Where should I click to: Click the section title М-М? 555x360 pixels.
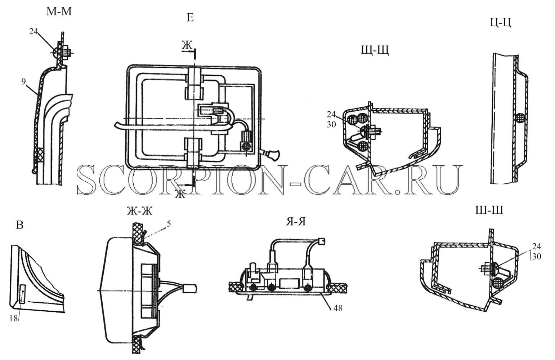[59, 12]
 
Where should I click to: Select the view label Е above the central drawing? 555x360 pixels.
[190, 18]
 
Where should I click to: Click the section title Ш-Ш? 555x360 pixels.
[489, 210]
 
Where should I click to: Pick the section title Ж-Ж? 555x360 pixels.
[139, 211]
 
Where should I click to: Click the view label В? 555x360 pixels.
[19, 225]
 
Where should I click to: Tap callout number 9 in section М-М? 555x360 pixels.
[23, 81]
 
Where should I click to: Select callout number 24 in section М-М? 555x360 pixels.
[34, 31]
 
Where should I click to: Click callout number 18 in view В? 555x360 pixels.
[14, 318]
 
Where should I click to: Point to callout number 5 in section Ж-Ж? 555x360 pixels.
[169, 224]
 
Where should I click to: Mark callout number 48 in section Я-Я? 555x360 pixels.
[338, 308]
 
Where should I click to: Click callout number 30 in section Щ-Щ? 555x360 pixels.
[331, 124]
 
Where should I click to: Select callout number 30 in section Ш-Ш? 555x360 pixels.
[536, 256]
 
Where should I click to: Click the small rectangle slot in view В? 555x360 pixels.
[22, 294]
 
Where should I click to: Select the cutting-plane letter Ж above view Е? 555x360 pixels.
[187, 46]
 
